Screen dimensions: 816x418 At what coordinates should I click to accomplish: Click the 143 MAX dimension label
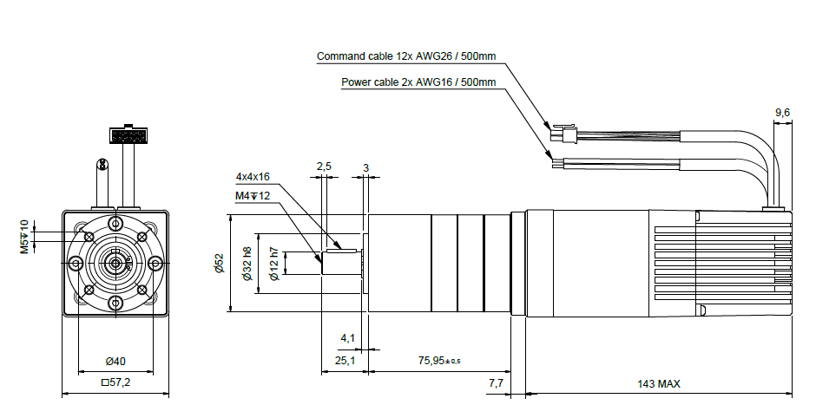click(x=658, y=384)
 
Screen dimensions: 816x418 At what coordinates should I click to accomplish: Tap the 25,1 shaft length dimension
click(x=345, y=360)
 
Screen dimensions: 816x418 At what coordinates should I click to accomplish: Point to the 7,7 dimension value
click(x=496, y=383)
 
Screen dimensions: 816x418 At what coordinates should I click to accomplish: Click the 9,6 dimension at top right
click(x=782, y=112)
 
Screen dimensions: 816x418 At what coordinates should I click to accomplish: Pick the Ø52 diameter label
click(x=219, y=264)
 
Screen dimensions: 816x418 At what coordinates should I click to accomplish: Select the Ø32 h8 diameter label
click(x=247, y=264)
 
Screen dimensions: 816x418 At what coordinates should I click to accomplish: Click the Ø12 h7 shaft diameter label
click(x=275, y=265)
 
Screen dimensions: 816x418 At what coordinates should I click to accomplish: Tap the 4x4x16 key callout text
click(x=253, y=177)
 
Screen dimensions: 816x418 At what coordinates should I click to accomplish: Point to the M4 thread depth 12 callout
click(x=253, y=196)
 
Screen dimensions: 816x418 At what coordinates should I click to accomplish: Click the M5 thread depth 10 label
click(x=25, y=237)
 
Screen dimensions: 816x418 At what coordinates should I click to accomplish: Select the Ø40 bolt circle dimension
click(x=115, y=361)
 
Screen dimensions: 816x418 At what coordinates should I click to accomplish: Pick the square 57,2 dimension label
click(x=115, y=382)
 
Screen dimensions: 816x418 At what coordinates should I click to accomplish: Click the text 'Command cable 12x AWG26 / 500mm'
click(x=406, y=56)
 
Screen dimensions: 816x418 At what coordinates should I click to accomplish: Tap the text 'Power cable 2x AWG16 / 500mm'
click(x=418, y=82)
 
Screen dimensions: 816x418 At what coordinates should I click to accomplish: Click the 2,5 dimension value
click(x=324, y=167)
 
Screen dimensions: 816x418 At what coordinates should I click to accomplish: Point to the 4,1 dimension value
click(x=347, y=338)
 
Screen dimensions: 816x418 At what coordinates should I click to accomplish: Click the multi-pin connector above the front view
click(x=128, y=134)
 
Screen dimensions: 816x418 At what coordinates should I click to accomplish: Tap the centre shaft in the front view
click(x=115, y=263)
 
